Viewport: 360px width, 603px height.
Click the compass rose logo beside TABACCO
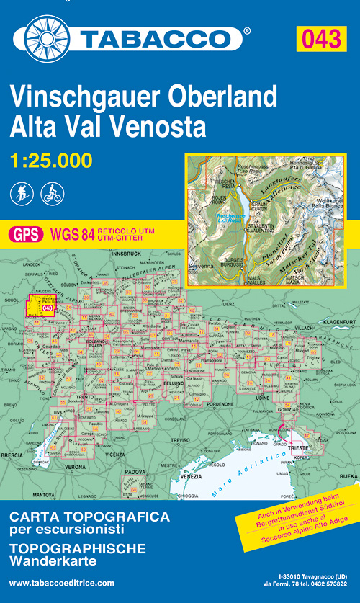[47, 34]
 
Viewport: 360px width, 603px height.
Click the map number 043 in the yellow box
[320, 38]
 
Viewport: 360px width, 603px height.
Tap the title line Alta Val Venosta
[108, 127]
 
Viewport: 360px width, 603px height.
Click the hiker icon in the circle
[22, 193]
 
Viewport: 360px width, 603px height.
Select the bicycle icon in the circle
[53, 193]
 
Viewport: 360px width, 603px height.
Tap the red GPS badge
[26, 233]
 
